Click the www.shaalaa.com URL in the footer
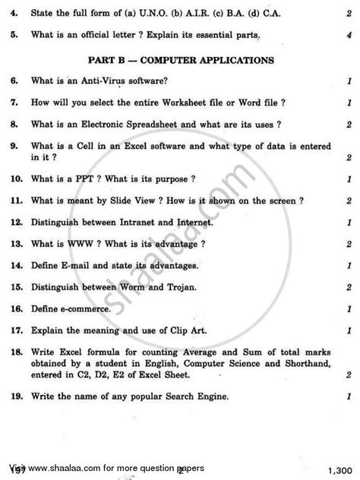(x=75, y=469)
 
